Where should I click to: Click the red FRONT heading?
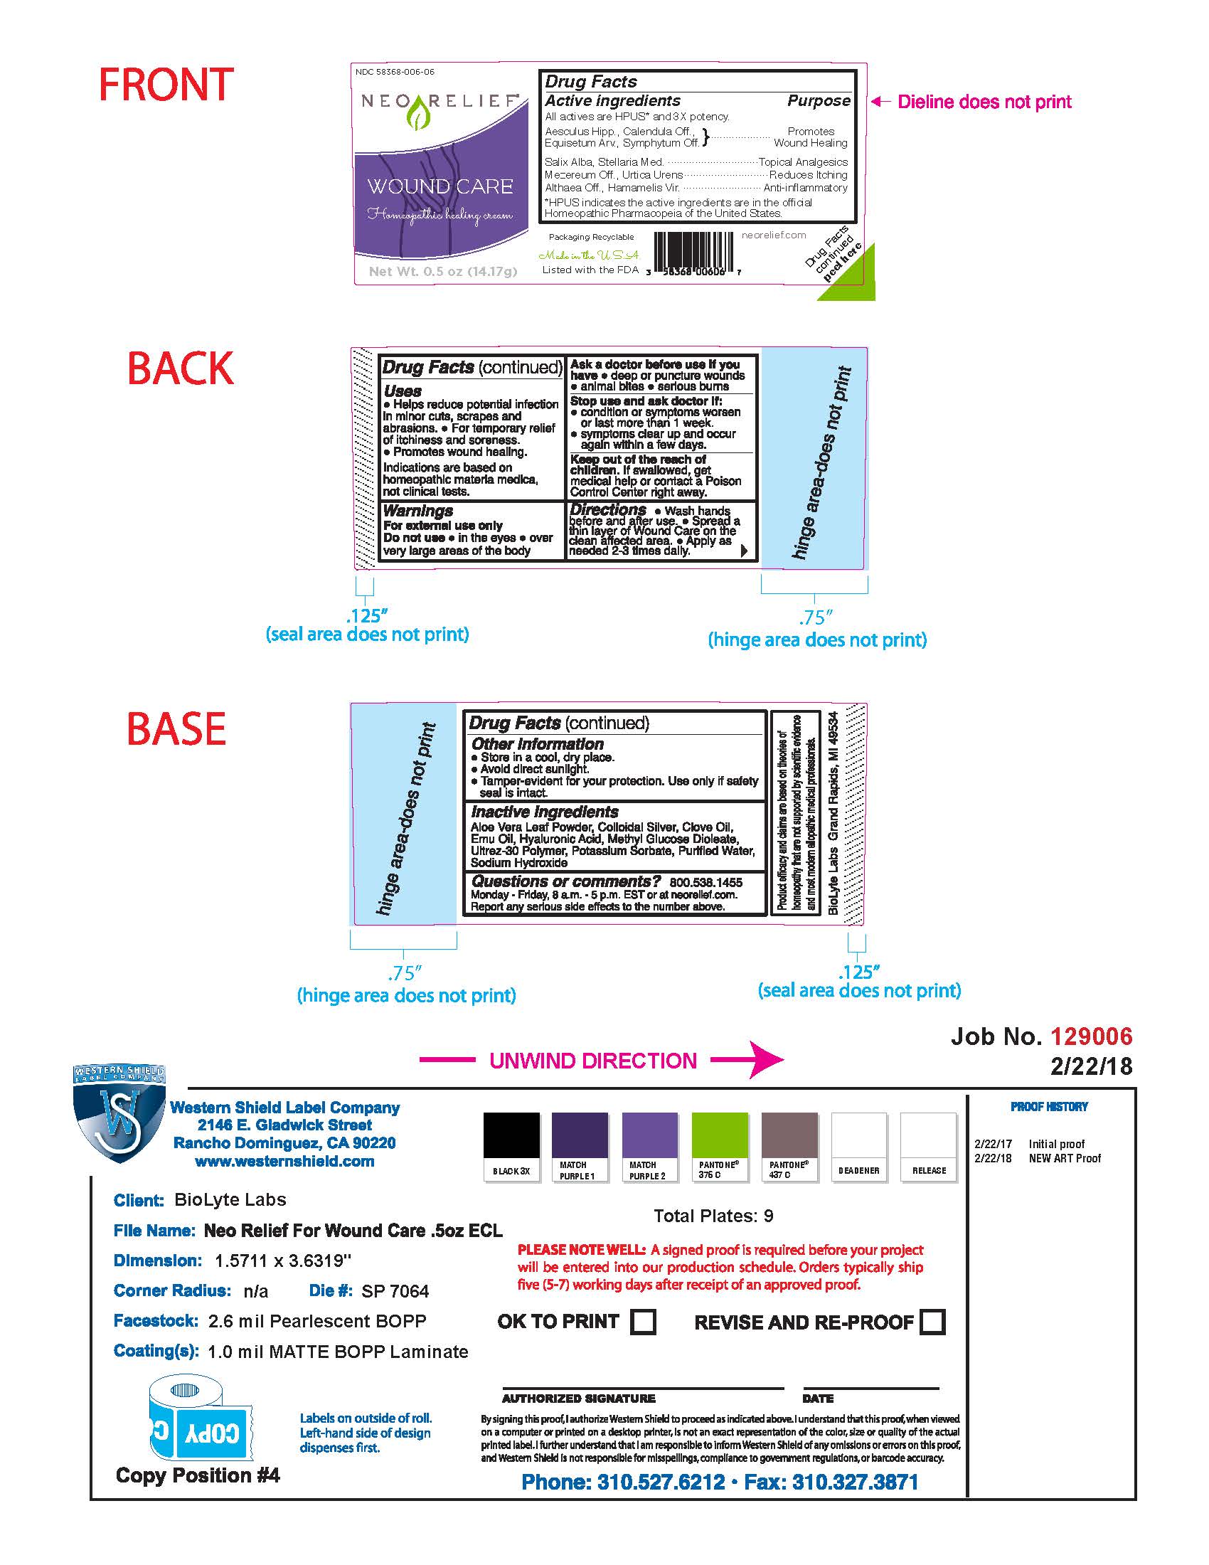[166, 85]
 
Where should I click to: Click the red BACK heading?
[181, 369]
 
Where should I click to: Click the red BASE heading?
[177, 729]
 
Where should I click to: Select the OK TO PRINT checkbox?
[642, 1321]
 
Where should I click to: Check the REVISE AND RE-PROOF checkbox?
[932, 1322]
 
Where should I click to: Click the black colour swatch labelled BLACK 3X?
[511, 1135]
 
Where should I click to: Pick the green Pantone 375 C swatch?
[720, 1135]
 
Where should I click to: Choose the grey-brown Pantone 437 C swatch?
[789, 1135]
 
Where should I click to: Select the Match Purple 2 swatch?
[649, 1135]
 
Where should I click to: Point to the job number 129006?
[1092, 1036]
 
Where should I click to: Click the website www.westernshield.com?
[284, 1162]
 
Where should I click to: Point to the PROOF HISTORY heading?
[1049, 1107]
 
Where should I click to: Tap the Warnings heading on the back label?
[418, 511]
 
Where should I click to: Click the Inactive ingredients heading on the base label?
[544, 812]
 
